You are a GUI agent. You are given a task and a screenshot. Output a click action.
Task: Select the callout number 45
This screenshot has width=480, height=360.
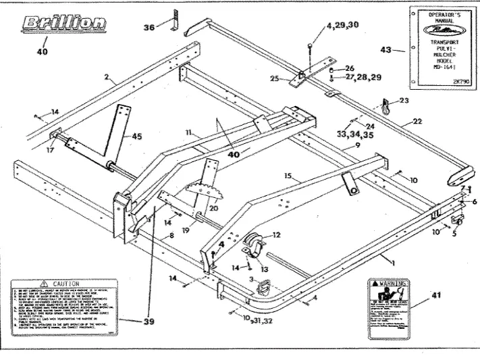(x=137, y=137)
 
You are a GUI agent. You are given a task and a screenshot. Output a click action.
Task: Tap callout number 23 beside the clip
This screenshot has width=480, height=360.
(x=404, y=99)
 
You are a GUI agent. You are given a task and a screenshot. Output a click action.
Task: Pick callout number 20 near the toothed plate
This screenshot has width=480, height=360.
(x=214, y=209)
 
